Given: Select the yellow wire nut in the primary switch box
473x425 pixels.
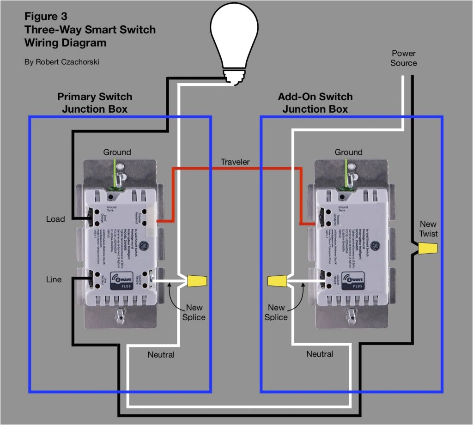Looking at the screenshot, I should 197,280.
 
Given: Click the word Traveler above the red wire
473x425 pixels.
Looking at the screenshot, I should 235,162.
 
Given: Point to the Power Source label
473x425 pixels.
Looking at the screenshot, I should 403,58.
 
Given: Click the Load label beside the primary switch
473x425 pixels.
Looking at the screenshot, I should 55,219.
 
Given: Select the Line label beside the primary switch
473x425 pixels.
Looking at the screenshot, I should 54,279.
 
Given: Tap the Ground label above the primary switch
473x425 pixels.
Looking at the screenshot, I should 117,152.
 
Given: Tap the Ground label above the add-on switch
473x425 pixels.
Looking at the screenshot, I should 349,152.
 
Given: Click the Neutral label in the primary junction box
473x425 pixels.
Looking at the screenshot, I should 161,355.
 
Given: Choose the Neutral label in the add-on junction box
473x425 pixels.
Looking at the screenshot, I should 320,354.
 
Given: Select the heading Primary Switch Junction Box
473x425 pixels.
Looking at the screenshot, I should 95,103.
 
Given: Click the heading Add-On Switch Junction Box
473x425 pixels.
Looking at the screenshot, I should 315,103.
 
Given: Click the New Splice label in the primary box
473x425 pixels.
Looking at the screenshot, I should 194,312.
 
